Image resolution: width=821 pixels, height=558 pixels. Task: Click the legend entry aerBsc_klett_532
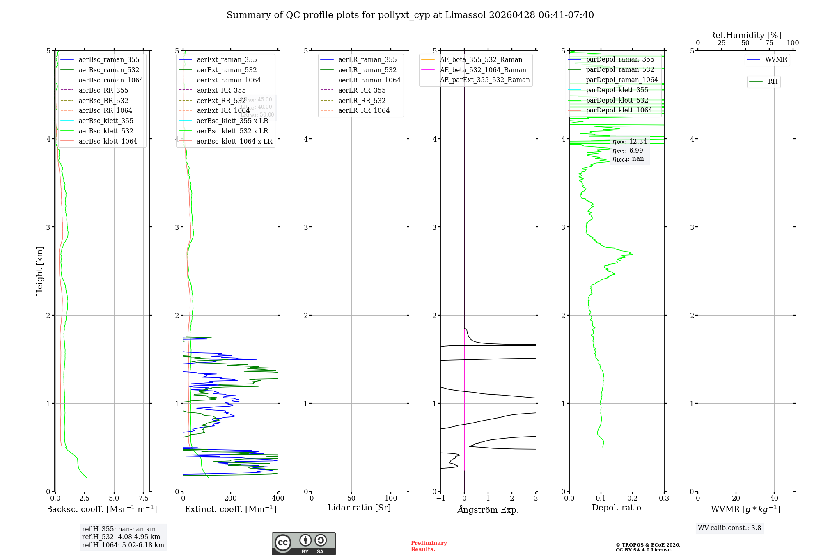pos(106,131)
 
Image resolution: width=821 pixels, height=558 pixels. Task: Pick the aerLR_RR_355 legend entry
pos(362,91)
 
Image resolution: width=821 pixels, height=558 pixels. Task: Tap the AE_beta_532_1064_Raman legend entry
pos(483,70)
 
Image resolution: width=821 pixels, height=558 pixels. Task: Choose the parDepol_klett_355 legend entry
pos(617,90)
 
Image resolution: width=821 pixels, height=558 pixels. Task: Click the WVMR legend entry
pos(776,60)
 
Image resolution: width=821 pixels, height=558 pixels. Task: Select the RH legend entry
pos(773,82)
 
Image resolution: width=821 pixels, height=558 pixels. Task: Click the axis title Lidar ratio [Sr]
pos(359,508)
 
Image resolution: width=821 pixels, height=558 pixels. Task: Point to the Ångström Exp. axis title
pos(488,510)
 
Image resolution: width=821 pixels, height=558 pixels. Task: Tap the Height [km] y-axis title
pos(39,271)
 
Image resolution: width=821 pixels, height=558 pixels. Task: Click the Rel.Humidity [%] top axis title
pos(745,36)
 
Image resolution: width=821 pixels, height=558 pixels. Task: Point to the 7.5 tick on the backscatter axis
pos(144,499)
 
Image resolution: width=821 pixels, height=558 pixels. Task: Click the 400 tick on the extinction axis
pos(278,499)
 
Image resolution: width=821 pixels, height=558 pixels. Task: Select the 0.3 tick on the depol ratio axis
pos(664,499)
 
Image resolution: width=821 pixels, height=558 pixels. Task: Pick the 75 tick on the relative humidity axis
pos(769,43)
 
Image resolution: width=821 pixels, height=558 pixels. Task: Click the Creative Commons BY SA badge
pos(303,544)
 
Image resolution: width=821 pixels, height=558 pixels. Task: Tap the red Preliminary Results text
pos(429,546)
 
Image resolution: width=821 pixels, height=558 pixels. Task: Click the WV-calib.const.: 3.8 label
pos(729,528)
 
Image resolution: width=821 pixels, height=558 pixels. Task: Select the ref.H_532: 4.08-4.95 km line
pos(121,537)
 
